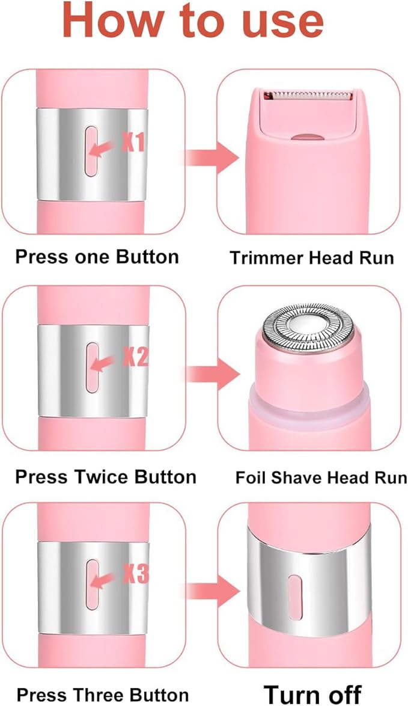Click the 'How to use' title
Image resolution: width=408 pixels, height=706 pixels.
click(x=193, y=21)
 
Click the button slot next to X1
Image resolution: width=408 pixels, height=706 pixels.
click(x=91, y=151)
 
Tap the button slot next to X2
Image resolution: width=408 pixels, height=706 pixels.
click(x=91, y=367)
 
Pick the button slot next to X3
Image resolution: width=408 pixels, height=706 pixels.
click(x=91, y=584)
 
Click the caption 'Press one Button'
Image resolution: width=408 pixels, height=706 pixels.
click(x=97, y=257)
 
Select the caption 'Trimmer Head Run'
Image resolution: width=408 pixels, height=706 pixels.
click(x=312, y=259)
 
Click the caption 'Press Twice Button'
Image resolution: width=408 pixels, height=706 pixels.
click(x=105, y=477)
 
